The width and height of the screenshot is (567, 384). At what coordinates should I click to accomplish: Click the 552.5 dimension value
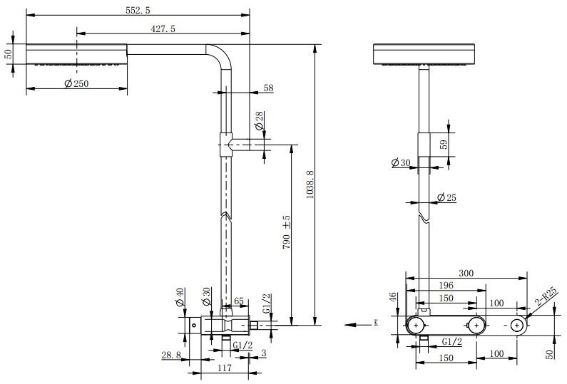pyautogui.click(x=138, y=8)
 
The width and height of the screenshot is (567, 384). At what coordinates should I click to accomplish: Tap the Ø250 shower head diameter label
pyautogui.click(x=76, y=84)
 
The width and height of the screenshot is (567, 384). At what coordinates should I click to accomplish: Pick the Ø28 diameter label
pyautogui.click(x=260, y=121)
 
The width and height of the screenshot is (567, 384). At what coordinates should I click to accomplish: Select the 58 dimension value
pyautogui.click(x=268, y=88)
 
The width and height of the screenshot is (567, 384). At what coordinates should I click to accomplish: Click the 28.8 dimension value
pyautogui.click(x=171, y=354)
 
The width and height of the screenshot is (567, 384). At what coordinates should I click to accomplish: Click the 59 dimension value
pyautogui.click(x=444, y=143)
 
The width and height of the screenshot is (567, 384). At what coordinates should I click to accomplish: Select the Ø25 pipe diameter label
pyautogui.click(x=446, y=197)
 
